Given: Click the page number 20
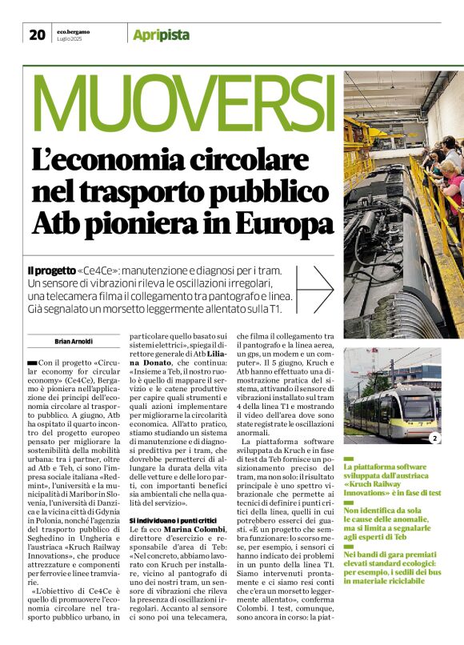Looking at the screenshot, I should pos(37,34).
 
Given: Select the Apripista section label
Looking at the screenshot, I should pos(161,34).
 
